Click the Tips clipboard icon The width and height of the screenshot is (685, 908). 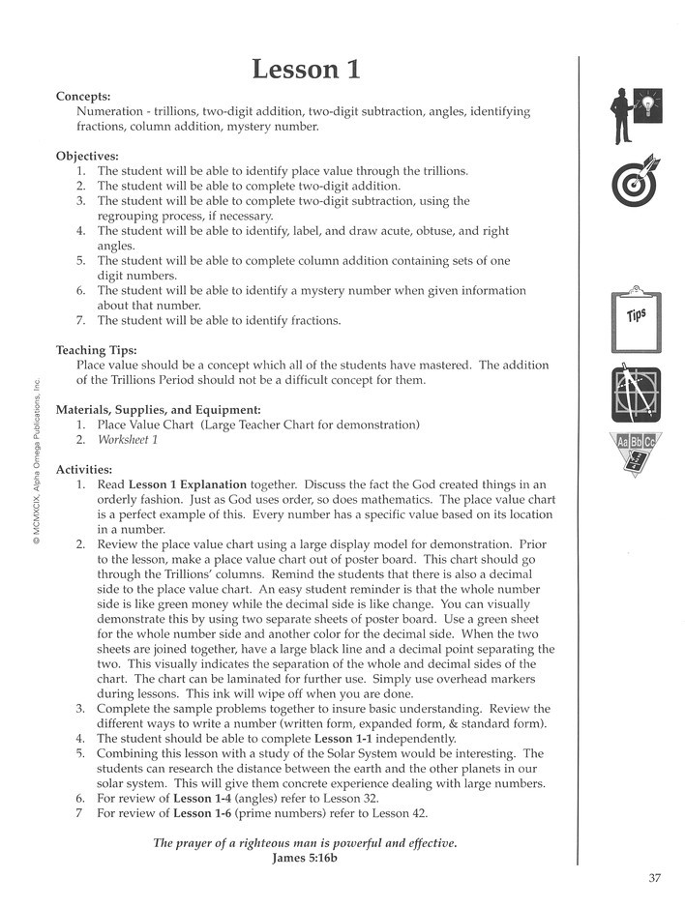point(635,318)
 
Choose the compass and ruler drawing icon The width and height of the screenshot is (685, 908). point(635,394)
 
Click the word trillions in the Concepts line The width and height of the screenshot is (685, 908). point(181,112)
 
